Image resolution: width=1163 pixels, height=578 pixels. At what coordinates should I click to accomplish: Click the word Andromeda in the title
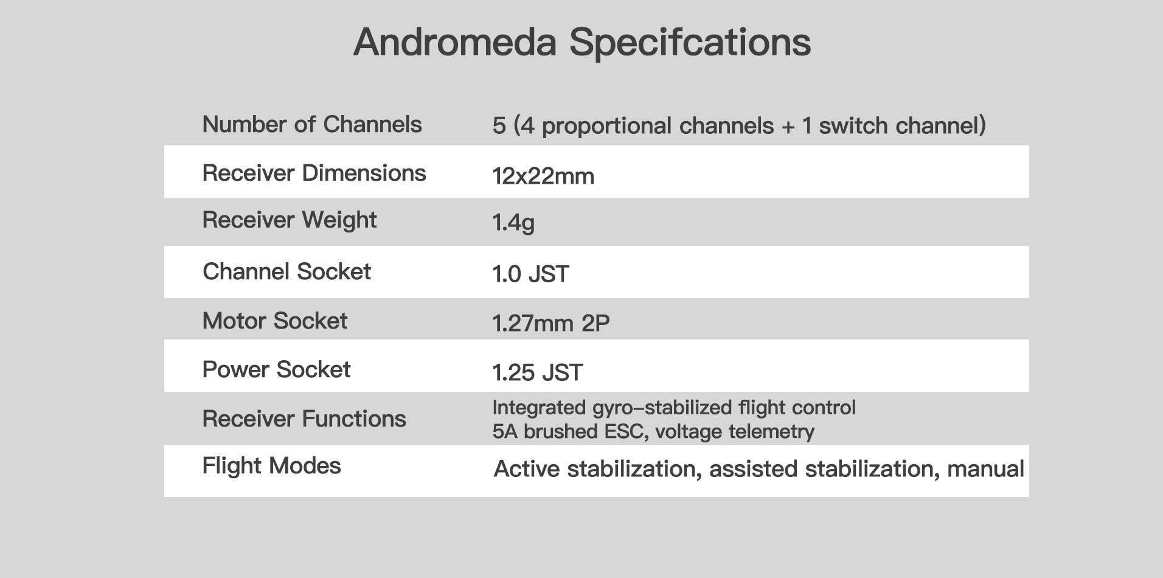click(455, 42)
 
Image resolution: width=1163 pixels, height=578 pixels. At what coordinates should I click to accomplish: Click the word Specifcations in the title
click(690, 43)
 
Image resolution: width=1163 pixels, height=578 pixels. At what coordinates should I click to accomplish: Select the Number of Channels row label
click(311, 125)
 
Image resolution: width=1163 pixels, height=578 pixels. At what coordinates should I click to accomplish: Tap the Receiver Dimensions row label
click(314, 173)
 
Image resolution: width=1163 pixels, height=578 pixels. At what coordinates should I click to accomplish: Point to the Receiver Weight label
click(289, 220)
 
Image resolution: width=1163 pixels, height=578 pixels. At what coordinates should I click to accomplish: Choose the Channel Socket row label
click(286, 272)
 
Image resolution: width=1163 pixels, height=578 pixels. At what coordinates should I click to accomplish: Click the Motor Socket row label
click(274, 321)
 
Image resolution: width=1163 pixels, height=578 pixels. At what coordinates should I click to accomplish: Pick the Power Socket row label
click(276, 370)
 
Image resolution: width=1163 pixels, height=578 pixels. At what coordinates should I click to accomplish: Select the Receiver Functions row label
click(304, 419)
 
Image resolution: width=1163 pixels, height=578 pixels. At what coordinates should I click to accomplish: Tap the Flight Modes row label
click(271, 466)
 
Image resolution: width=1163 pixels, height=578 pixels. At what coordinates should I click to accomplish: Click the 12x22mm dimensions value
click(543, 176)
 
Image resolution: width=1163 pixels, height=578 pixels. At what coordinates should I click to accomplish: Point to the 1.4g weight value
click(513, 223)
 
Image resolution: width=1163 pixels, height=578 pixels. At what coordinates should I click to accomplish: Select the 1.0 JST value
click(530, 274)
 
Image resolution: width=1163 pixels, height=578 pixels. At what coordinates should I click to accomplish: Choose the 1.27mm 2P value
click(550, 324)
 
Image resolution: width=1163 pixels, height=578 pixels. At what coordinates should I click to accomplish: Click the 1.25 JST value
click(537, 372)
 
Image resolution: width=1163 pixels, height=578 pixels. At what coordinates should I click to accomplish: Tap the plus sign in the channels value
click(788, 127)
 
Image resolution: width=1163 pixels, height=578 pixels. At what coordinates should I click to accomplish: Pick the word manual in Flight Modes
click(985, 469)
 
